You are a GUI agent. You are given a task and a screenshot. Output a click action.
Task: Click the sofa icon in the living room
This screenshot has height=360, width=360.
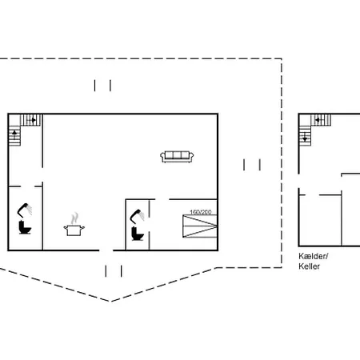pos(177,157)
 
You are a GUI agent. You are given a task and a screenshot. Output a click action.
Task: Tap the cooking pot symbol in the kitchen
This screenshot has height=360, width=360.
pos(74,230)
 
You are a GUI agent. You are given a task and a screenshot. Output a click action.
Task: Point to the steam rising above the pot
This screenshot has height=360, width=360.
pos(75,218)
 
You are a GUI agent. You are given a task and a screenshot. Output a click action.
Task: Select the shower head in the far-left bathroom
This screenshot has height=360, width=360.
pos(25,210)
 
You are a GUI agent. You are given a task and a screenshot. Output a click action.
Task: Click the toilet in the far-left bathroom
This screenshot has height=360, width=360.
pos(25,227)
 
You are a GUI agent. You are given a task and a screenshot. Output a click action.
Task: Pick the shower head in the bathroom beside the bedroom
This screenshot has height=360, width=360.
pos(137,216)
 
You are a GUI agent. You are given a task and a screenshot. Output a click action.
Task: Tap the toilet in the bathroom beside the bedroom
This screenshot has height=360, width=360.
pos(138,234)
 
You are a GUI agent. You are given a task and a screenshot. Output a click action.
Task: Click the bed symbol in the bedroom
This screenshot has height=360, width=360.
pos(200,226)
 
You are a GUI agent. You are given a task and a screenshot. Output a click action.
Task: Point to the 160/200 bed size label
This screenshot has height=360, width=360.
pos(201,212)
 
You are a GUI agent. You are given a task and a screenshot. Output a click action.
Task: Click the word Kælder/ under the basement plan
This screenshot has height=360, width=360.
pos(314,256)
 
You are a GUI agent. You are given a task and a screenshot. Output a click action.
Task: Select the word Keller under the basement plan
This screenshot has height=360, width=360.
pos(309,266)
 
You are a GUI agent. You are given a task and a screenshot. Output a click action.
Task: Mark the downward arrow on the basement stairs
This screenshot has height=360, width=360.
pos(305,137)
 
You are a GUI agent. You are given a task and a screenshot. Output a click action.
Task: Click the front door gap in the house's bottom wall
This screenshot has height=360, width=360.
pos(106,250)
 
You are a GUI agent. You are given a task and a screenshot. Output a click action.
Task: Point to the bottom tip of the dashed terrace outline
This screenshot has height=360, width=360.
pos(110,302)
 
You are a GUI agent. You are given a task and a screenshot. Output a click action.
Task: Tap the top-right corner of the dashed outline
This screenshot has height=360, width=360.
pos(282,58)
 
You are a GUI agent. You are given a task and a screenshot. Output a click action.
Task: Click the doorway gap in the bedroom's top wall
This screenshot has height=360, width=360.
pos(162,199)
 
